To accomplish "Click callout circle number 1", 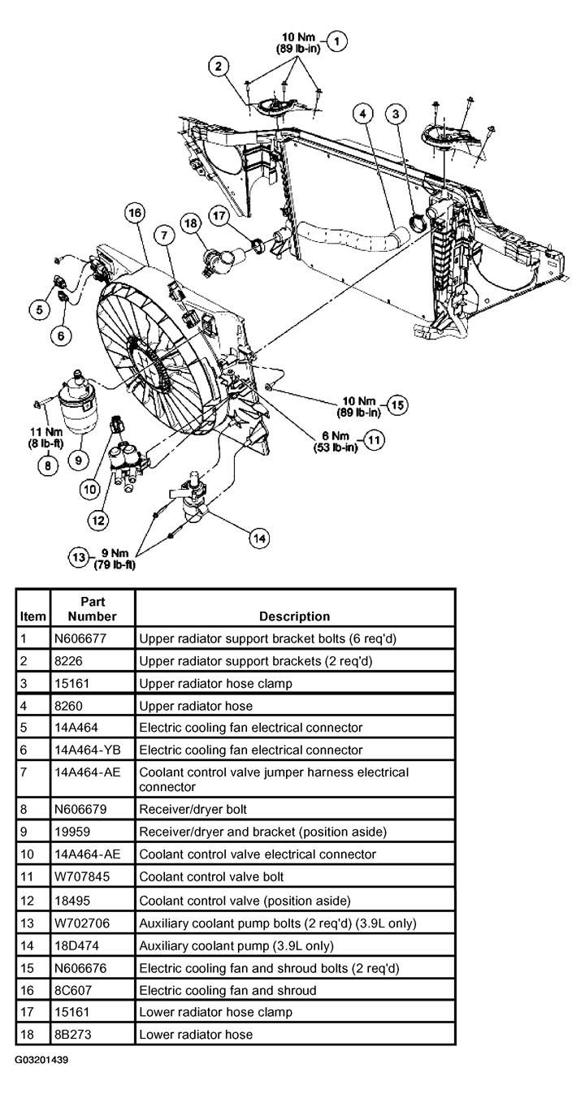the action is click(336, 41).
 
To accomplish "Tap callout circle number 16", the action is click(134, 213).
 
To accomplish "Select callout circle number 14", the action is click(259, 538).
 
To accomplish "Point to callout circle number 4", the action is click(362, 114).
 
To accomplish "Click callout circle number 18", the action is click(191, 223).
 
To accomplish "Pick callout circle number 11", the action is click(374, 440).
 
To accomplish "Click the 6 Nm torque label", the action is click(336, 441).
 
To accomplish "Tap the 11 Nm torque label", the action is click(46, 438).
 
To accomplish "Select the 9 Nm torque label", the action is click(115, 559).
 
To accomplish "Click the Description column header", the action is click(294, 616).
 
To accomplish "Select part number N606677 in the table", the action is click(80, 638).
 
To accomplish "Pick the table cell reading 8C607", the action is click(73, 990).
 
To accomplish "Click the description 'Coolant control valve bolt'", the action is click(211, 876).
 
